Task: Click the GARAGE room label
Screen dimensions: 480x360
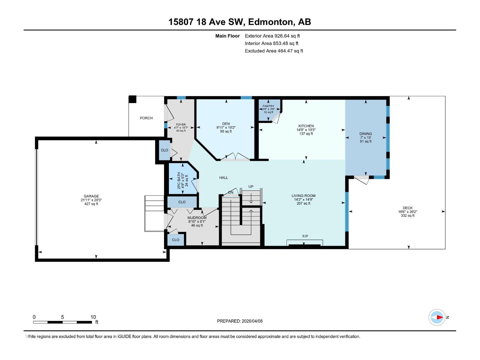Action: tap(91, 196)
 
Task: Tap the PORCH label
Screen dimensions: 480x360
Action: tap(146, 118)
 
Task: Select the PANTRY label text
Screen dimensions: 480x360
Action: tap(268, 106)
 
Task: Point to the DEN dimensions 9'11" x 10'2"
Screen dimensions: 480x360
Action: tap(226, 127)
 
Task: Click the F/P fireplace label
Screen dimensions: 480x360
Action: tap(305, 236)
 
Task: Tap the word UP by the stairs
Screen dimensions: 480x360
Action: tap(250, 186)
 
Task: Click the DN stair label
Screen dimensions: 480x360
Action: tap(231, 192)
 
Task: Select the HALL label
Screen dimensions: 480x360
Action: tap(223, 178)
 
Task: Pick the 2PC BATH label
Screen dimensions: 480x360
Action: tap(179, 181)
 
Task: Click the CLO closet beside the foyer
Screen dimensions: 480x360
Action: tap(164, 150)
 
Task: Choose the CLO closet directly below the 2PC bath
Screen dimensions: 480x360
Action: tap(182, 202)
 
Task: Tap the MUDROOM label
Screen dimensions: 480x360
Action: tap(197, 218)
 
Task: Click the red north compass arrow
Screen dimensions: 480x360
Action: tap(439, 317)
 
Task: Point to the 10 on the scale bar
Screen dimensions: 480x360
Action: tap(93, 317)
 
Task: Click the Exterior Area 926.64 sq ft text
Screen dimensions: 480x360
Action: tap(272, 36)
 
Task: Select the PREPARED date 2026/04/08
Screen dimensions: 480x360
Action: tap(252, 321)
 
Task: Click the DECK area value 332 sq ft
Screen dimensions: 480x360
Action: tap(407, 215)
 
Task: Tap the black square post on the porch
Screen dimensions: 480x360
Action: tap(132, 99)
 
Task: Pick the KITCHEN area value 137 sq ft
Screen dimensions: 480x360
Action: tap(306, 133)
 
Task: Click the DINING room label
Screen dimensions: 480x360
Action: tap(365, 134)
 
